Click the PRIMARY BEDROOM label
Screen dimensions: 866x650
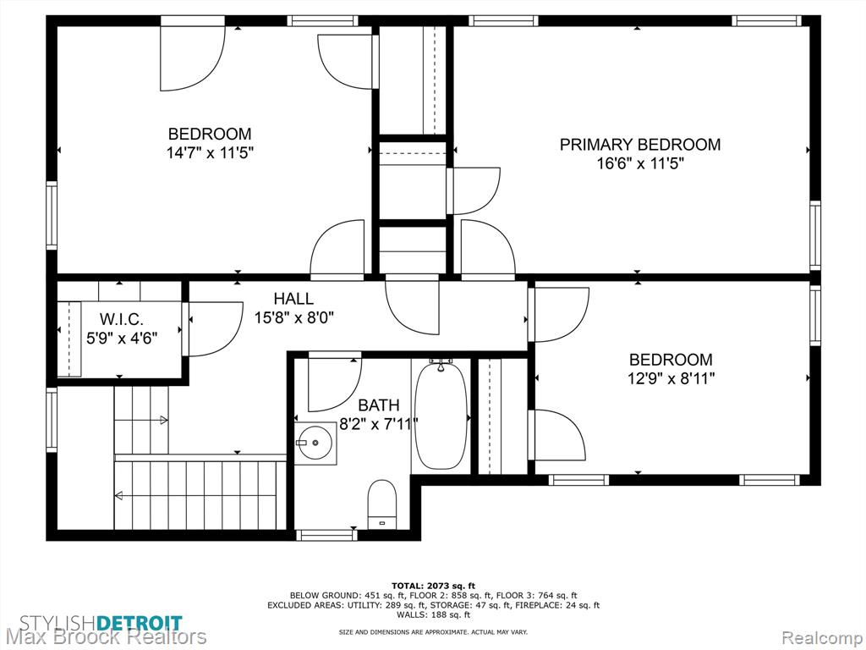point(640,144)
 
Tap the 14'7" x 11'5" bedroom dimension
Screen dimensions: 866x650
point(210,152)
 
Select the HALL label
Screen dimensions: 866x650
point(293,299)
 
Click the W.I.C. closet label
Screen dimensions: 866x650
point(122,319)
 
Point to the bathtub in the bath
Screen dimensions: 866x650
point(441,415)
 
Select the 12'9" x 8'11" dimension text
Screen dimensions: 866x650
point(671,378)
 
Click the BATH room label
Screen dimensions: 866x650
point(379,405)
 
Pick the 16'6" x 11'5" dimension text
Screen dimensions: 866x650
point(640,163)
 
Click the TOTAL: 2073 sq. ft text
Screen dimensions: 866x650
point(433,586)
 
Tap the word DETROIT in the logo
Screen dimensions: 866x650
point(140,623)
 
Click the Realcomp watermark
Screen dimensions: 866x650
point(822,637)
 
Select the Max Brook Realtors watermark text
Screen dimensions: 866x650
point(104,637)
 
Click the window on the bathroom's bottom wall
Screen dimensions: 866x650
point(326,535)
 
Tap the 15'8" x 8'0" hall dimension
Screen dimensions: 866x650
point(293,318)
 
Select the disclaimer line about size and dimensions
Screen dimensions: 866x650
point(433,631)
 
